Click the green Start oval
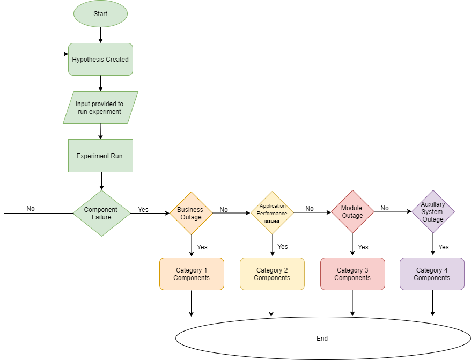click(100, 14)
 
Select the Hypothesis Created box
click(100, 59)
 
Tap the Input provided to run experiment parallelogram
click(100, 107)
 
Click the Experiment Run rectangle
click(100, 156)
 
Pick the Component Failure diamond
click(101, 213)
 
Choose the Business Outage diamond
click(191, 213)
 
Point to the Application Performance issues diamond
click(273, 213)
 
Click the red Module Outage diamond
click(352, 212)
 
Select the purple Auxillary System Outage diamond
click(433, 212)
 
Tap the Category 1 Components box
click(192, 274)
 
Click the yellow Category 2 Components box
click(272, 274)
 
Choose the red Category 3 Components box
click(352, 274)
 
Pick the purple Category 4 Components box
click(432, 274)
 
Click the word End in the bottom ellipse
click(322, 339)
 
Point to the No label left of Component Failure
click(31, 209)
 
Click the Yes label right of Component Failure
click(143, 209)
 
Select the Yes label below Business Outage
click(202, 247)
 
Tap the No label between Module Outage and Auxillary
click(385, 208)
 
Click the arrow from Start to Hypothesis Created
click(100, 35)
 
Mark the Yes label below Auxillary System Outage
click(444, 247)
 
